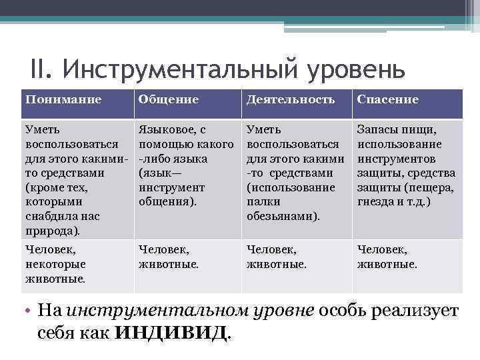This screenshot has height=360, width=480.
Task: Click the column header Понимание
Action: (63, 100)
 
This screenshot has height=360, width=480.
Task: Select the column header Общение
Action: (168, 100)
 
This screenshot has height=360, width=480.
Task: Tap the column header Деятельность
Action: (291, 100)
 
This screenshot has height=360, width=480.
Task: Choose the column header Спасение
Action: (388, 100)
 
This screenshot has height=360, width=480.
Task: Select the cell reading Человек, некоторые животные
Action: (55, 264)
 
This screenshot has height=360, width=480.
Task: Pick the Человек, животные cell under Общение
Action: (164, 257)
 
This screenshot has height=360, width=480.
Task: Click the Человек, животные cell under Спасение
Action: (387, 257)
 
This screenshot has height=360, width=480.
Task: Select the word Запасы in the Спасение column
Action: (377, 129)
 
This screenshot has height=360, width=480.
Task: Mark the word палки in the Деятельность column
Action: (263, 201)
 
